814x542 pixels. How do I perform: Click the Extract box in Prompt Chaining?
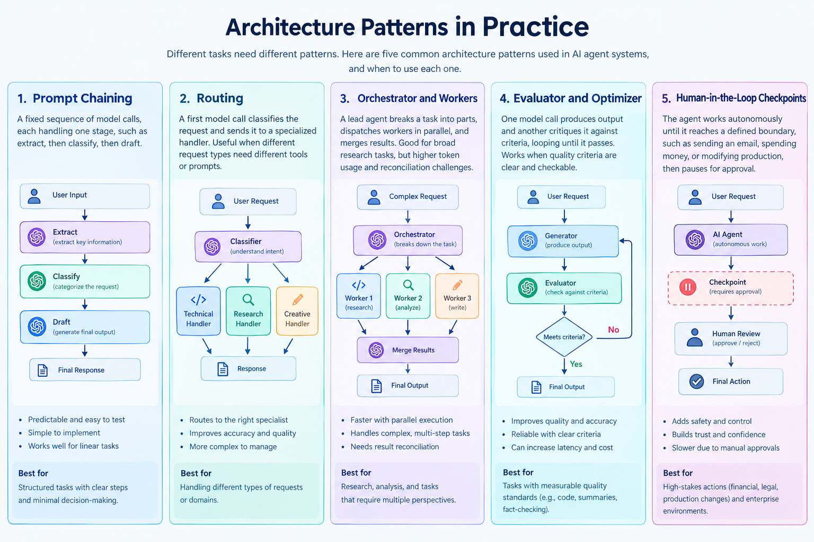pyautogui.click(x=85, y=237)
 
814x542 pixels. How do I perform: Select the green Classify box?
pyautogui.click(x=85, y=282)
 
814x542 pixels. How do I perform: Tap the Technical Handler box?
pyautogui.click(x=198, y=311)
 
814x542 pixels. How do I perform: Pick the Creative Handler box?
pyautogui.click(x=297, y=311)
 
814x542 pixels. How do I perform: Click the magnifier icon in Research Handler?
pyautogui.click(x=248, y=300)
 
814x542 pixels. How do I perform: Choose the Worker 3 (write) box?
pyautogui.click(x=457, y=296)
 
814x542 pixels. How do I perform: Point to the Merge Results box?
pyautogui.click(x=408, y=350)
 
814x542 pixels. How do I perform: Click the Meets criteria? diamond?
pyautogui.click(x=564, y=337)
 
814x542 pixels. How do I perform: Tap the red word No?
pyautogui.click(x=613, y=330)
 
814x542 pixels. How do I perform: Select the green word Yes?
pyautogui.click(x=576, y=364)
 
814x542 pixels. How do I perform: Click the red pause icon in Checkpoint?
pyautogui.click(x=688, y=287)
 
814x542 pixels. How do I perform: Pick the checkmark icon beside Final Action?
pyautogui.click(x=697, y=382)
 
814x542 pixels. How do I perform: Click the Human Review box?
pyautogui.click(x=731, y=338)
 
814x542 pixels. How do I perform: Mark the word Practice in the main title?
pyautogui.click(x=535, y=27)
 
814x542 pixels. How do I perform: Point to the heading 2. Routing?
pyautogui.click(x=211, y=98)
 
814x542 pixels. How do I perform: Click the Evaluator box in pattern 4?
pyautogui.click(x=564, y=288)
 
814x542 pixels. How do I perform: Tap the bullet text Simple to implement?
pyautogui.click(x=64, y=433)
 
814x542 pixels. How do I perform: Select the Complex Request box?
pyautogui.click(x=408, y=197)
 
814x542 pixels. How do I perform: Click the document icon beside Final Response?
pyautogui.click(x=42, y=371)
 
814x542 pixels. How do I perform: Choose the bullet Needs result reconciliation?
pyautogui.click(x=395, y=447)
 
